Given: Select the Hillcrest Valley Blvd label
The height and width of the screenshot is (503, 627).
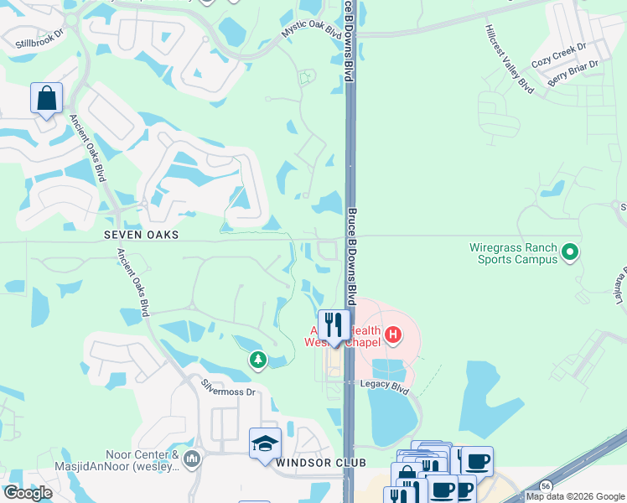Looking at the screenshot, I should pos(509,58).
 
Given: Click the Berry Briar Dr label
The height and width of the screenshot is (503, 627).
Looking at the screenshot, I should pos(574,74).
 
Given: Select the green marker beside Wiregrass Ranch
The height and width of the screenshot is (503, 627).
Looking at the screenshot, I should pos(570,251).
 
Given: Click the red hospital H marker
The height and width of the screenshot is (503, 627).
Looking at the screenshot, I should pos(391,336).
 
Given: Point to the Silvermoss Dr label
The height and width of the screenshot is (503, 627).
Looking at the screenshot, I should pos(227,387).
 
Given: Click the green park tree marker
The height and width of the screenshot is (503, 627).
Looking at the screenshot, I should pos(258,360).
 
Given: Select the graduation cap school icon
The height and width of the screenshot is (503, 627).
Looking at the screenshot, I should pos(265,443).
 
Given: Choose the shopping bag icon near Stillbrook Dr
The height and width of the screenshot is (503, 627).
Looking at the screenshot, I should pos(46,98).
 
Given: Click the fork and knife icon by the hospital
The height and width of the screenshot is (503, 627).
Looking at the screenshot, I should pos(334,325).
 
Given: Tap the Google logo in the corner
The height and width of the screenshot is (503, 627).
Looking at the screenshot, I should pos(28,493).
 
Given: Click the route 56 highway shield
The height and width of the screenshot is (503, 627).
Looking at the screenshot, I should pos(546,486).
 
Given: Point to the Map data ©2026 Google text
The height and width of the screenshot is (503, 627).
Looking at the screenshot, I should pos(575,496).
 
